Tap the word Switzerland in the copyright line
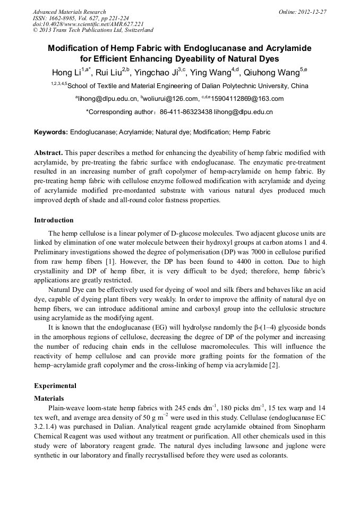[x=135, y=30]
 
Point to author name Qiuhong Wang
[x=271, y=73]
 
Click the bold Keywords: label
[x=51, y=132]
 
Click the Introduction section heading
[x=54, y=220]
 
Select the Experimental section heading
[x=55, y=386]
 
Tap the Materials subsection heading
[x=49, y=398]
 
